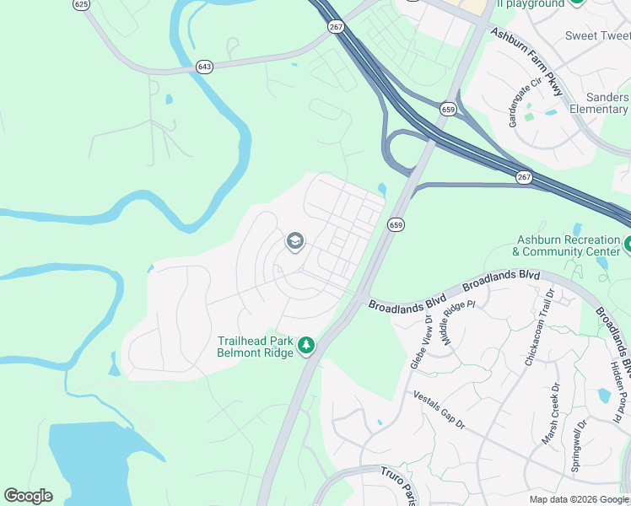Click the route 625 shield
click(81, 4)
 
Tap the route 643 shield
click(205, 66)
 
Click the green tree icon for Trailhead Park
click(307, 346)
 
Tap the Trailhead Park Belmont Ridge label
click(255, 347)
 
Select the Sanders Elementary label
click(598, 103)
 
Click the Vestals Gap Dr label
click(439, 410)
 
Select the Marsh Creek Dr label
click(549, 414)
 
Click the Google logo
click(28, 496)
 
